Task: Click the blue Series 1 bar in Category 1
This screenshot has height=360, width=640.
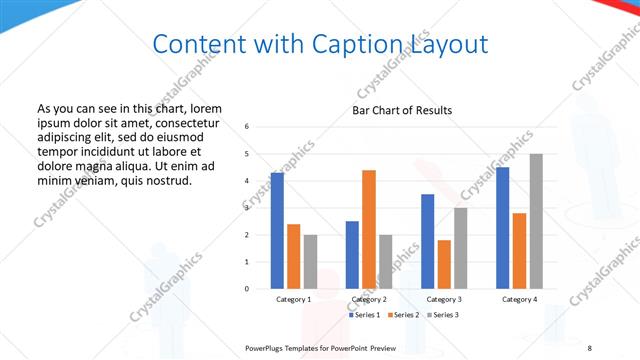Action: pos(277,231)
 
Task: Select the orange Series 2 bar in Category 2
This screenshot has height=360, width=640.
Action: pos(369,229)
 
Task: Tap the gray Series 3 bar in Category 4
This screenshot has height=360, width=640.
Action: pos(536,221)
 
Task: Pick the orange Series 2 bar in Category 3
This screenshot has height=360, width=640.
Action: pos(444,264)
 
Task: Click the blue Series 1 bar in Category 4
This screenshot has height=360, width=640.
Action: pos(503,228)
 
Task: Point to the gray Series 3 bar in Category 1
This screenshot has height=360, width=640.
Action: pos(310,262)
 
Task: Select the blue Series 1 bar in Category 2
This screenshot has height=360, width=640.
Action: pos(352,255)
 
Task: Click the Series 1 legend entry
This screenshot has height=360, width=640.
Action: pos(364,315)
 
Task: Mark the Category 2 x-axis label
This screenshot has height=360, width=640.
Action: pos(369,299)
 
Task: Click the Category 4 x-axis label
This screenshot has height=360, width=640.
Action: pos(520,299)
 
